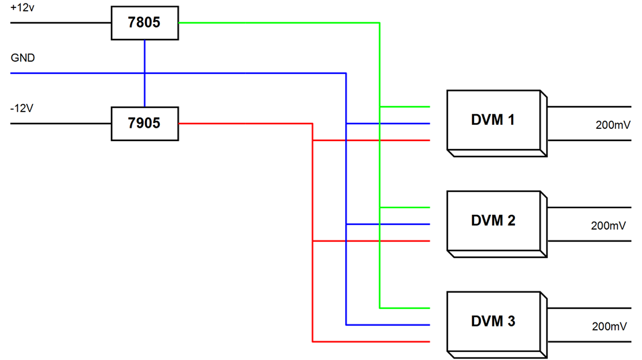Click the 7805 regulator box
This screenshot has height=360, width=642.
[x=144, y=23]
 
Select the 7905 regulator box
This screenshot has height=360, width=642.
[x=144, y=124]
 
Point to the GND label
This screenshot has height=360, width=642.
[x=23, y=58]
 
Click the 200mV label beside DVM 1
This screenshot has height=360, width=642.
[x=611, y=125]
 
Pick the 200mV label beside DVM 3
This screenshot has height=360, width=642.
[x=610, y=327]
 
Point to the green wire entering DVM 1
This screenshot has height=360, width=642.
[x=406, y=107]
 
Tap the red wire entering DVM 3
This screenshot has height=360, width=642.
[x=376, y=342]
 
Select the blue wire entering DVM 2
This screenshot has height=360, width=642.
[x=389, y=224]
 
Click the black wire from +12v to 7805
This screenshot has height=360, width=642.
[x=60, y=23]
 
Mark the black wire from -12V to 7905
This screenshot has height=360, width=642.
[x=60, y=124]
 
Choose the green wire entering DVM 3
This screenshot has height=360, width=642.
[x=406, y=308]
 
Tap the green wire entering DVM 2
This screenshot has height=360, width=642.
[x=406, y=208]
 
